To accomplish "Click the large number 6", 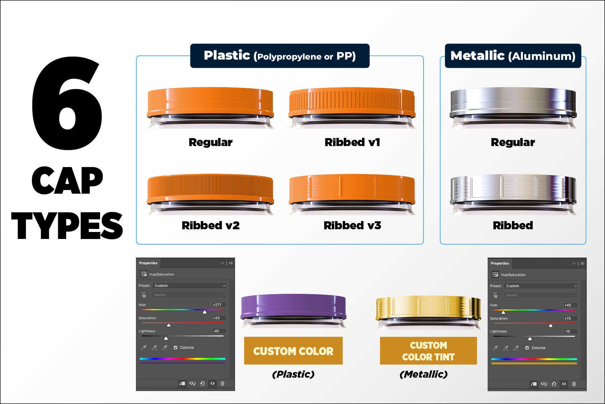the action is [67, 103].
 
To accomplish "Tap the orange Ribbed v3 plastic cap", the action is [352, 190].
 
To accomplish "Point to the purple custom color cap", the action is [294, 307].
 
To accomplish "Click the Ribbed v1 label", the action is [352, 142].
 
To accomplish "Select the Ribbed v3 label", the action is [352, 225].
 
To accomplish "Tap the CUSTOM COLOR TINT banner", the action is [428, 351].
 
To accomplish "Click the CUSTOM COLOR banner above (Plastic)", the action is [293, 351].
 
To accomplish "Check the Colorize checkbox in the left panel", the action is [176, 347].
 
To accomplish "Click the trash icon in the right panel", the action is [574, 384].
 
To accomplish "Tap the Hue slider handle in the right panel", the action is [503, 312].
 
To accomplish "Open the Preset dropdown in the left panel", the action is [189, 286].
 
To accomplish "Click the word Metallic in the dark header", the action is [478, 56].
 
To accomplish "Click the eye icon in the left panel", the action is [212, 383].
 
